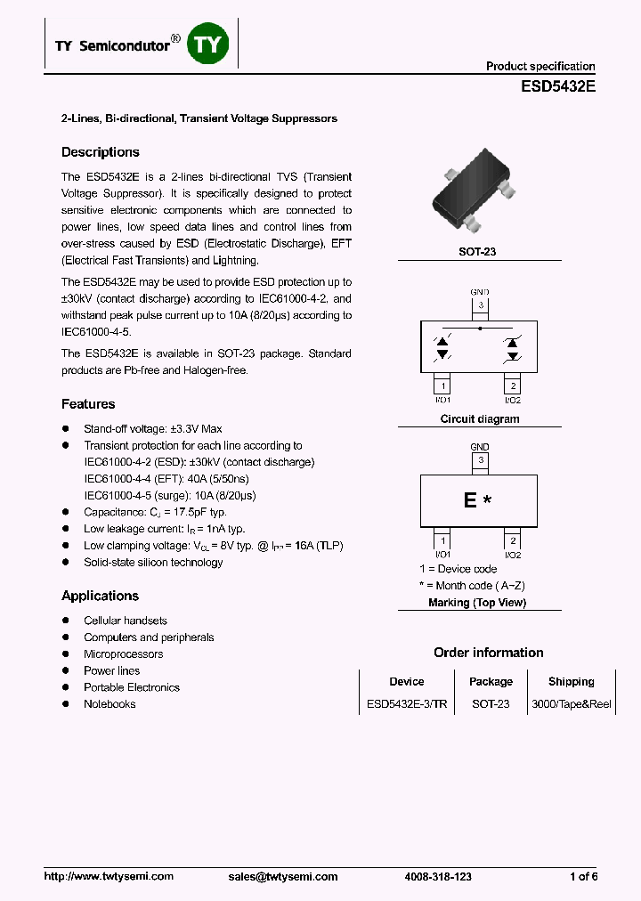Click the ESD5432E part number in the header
[558, 88]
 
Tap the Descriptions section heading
[101, 152]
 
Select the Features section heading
[88, 404]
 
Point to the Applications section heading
[100, 596]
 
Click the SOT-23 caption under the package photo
[477, 252]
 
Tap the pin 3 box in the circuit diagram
[480, 306]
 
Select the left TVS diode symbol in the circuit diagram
[442, 347]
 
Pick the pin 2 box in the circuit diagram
[513, 386]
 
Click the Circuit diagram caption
[480, 419]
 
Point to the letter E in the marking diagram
[470, 500]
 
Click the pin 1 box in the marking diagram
[442, 540]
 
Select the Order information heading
[489, 653]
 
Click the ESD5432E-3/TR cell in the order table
[407, 703]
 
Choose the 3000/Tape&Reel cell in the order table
[571, 703]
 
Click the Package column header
[491, 682]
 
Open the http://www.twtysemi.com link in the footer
[109, 876]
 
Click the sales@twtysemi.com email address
[283, 876]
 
